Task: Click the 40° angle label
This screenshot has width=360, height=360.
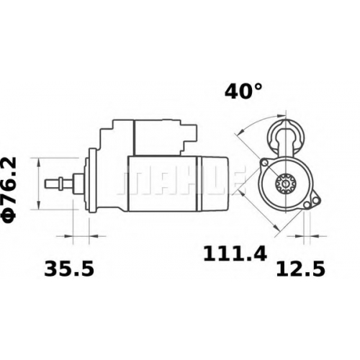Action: point(243,91)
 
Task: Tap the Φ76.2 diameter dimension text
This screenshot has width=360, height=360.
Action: point(10,189)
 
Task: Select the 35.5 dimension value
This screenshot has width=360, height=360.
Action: point(69,269)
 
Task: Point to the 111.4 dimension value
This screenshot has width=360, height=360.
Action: point(235,253)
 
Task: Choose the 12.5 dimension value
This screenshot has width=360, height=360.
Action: point(301,269)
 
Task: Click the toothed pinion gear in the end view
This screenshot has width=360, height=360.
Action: point(285,184)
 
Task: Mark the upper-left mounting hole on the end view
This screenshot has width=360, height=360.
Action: point(265,163)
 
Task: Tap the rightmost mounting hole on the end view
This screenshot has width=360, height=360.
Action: point(317,200)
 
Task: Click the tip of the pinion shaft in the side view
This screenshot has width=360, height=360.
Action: point(45,183)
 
